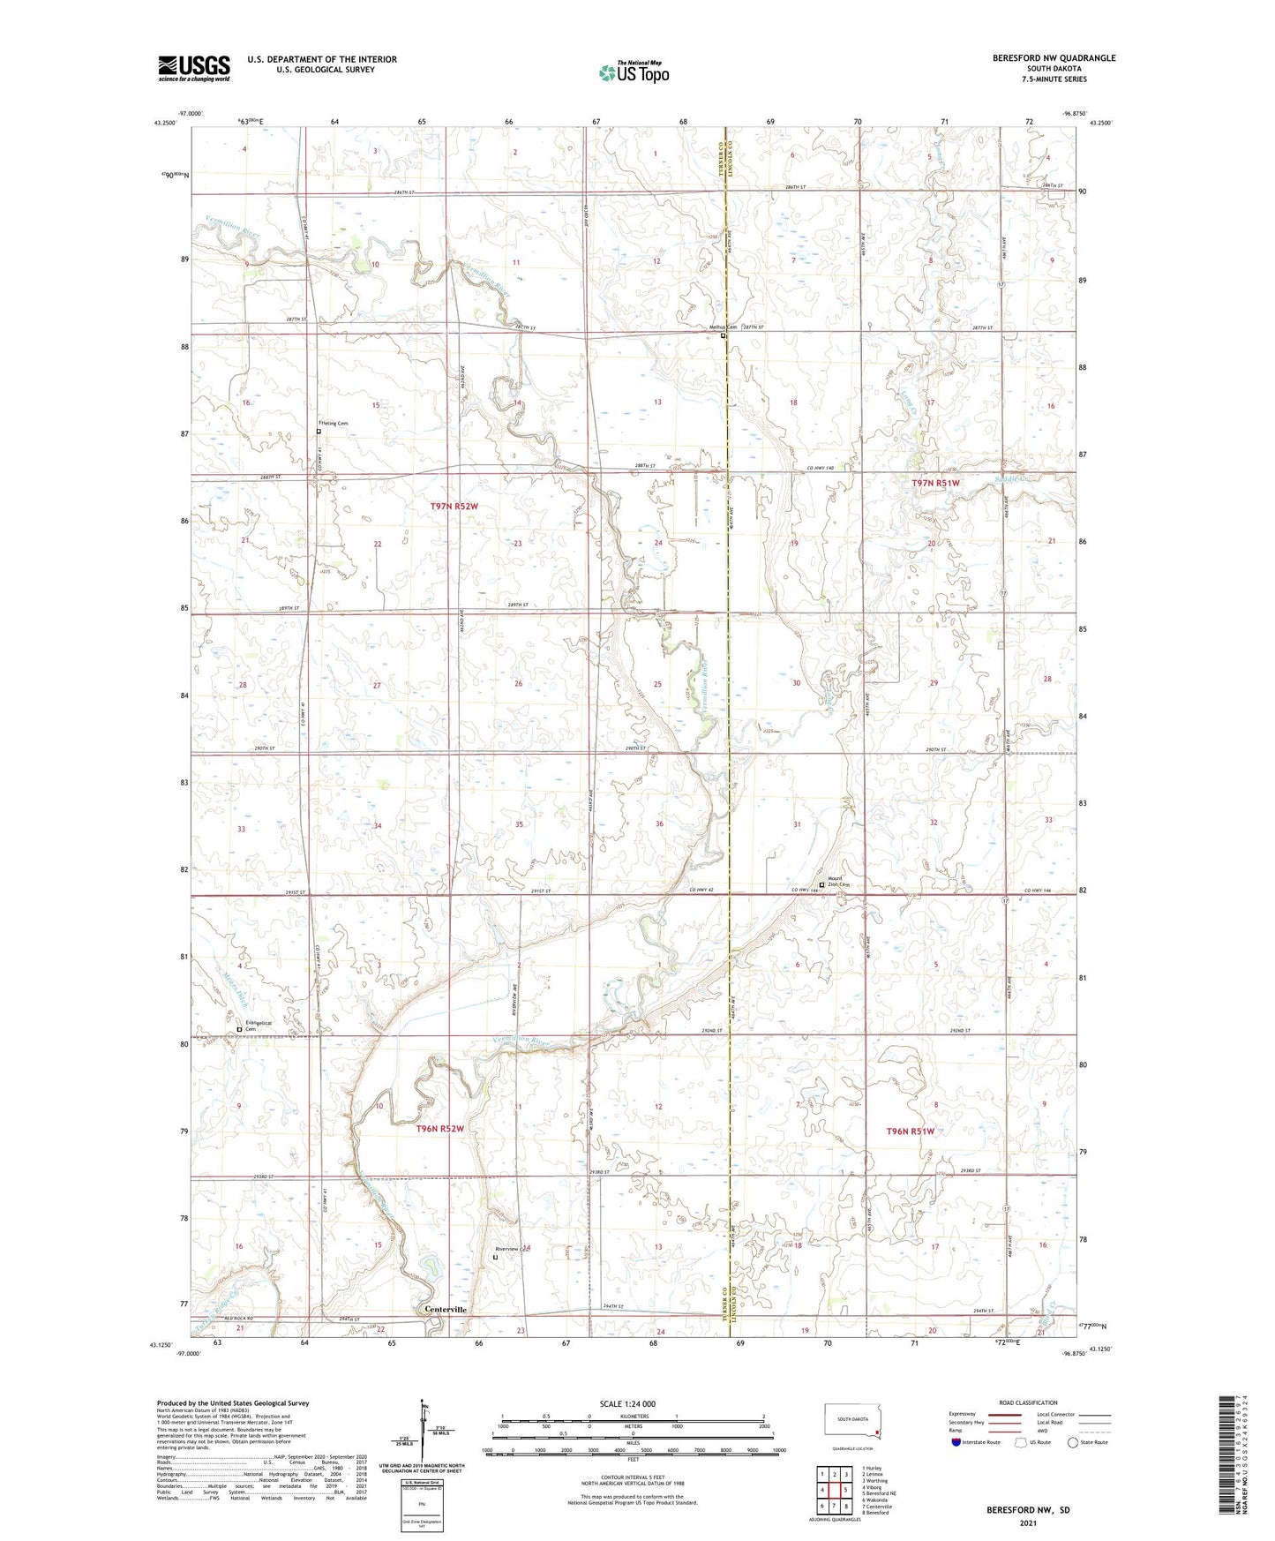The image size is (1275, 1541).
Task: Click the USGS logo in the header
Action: pos(193,68)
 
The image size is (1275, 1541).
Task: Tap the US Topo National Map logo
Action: pos(634,72)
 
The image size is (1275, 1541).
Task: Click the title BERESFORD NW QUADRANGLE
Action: pos(1054,58)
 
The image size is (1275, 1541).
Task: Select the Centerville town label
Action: pos(446,1310)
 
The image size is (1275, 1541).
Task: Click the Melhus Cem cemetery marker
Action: pos(724,335)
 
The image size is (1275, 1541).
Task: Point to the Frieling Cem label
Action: pos(334,424)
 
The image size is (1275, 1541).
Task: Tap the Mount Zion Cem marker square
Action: pos(821,884)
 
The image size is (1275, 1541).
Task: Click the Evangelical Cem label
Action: pos(259,1026)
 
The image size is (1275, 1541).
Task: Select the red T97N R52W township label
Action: pos(454,506)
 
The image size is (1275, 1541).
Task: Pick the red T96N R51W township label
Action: pos(922,1131)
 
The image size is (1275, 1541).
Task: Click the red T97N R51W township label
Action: pos(935,484)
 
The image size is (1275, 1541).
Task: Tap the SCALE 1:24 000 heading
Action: pos(627,1404)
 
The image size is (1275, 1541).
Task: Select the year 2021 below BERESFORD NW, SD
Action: pos(1028,1522)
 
